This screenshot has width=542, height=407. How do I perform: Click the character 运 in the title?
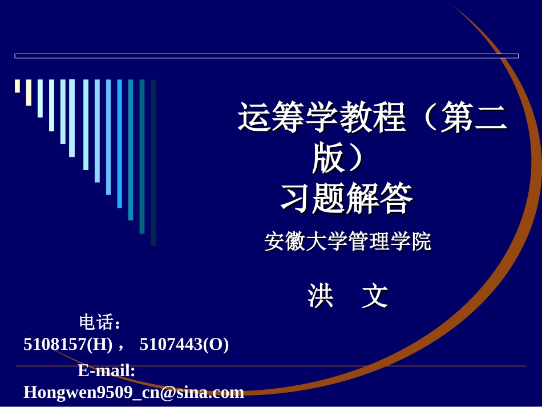click(x=254, y=119)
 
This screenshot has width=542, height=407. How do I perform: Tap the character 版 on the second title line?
click(x=329, y=158)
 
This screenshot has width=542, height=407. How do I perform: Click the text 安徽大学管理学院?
click(x=347, y=242)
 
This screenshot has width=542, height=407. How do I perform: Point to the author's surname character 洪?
click(x=321, y=296)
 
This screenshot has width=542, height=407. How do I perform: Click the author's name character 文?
click(x=375, y=296)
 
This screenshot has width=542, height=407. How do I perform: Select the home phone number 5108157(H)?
click(x=68, y=344)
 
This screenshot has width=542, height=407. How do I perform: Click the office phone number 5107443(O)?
click(x=184, y=344)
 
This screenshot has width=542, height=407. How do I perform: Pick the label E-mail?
click(x=107, y=371)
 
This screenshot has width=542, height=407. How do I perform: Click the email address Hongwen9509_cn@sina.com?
click(x=134, y=392)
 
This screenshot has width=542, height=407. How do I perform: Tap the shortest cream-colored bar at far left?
click(x=17, y=86)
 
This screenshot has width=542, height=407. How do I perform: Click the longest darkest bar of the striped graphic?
click(x=153, y=163)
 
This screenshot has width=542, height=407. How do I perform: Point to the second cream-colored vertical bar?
click(x=29, y=92)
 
